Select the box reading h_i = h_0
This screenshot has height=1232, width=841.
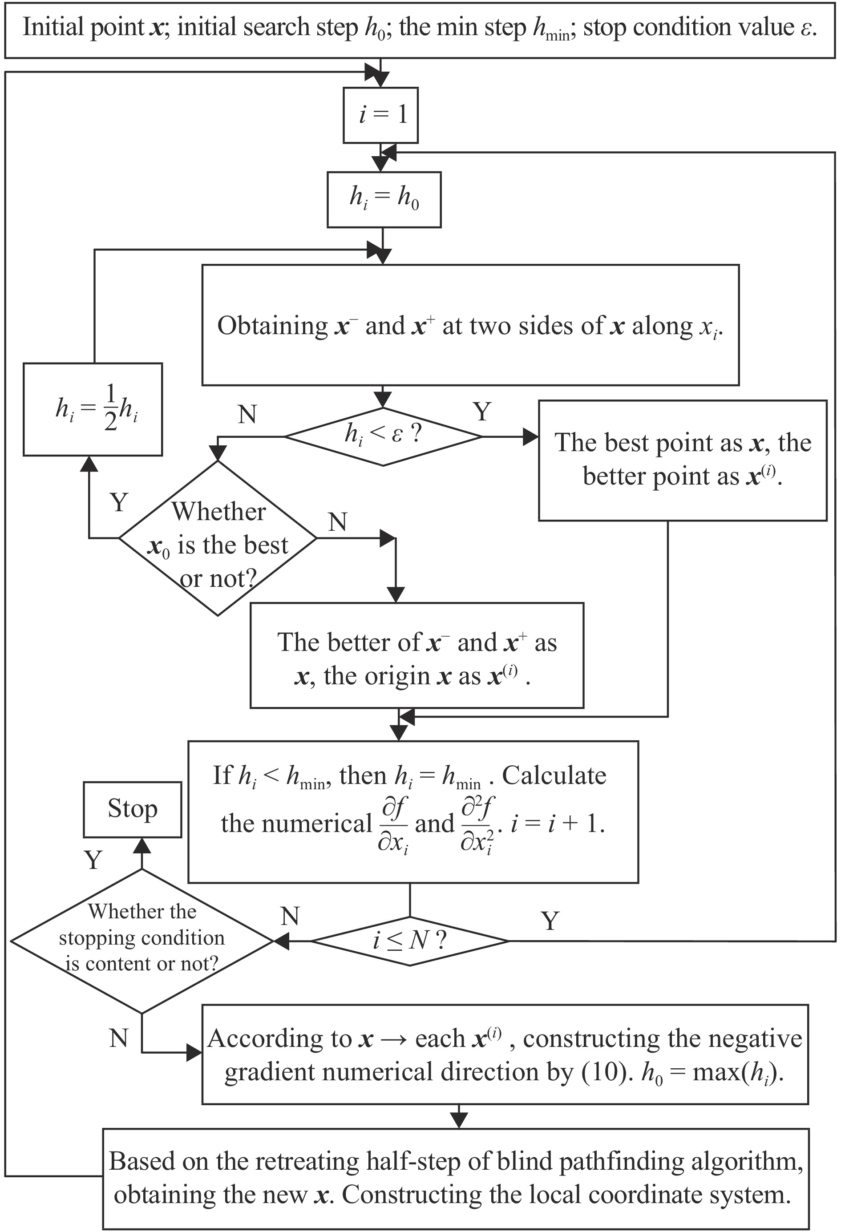(x=384, y=199)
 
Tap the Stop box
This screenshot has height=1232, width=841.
(x=133, y=809)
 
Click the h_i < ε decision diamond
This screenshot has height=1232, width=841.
(x=383, y=436)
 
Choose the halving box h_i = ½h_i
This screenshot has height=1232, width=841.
(x=93, y=409)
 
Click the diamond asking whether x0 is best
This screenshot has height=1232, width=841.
(x=218, y=538)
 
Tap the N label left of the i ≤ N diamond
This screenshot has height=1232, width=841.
(x=290, y=916)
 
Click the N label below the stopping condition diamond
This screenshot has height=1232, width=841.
(x=119, y=1038)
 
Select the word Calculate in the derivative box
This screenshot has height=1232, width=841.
(x=554, y=776)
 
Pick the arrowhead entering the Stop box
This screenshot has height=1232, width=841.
(x=142, y=844)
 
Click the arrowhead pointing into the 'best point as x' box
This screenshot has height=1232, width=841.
(x=531, y=437)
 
